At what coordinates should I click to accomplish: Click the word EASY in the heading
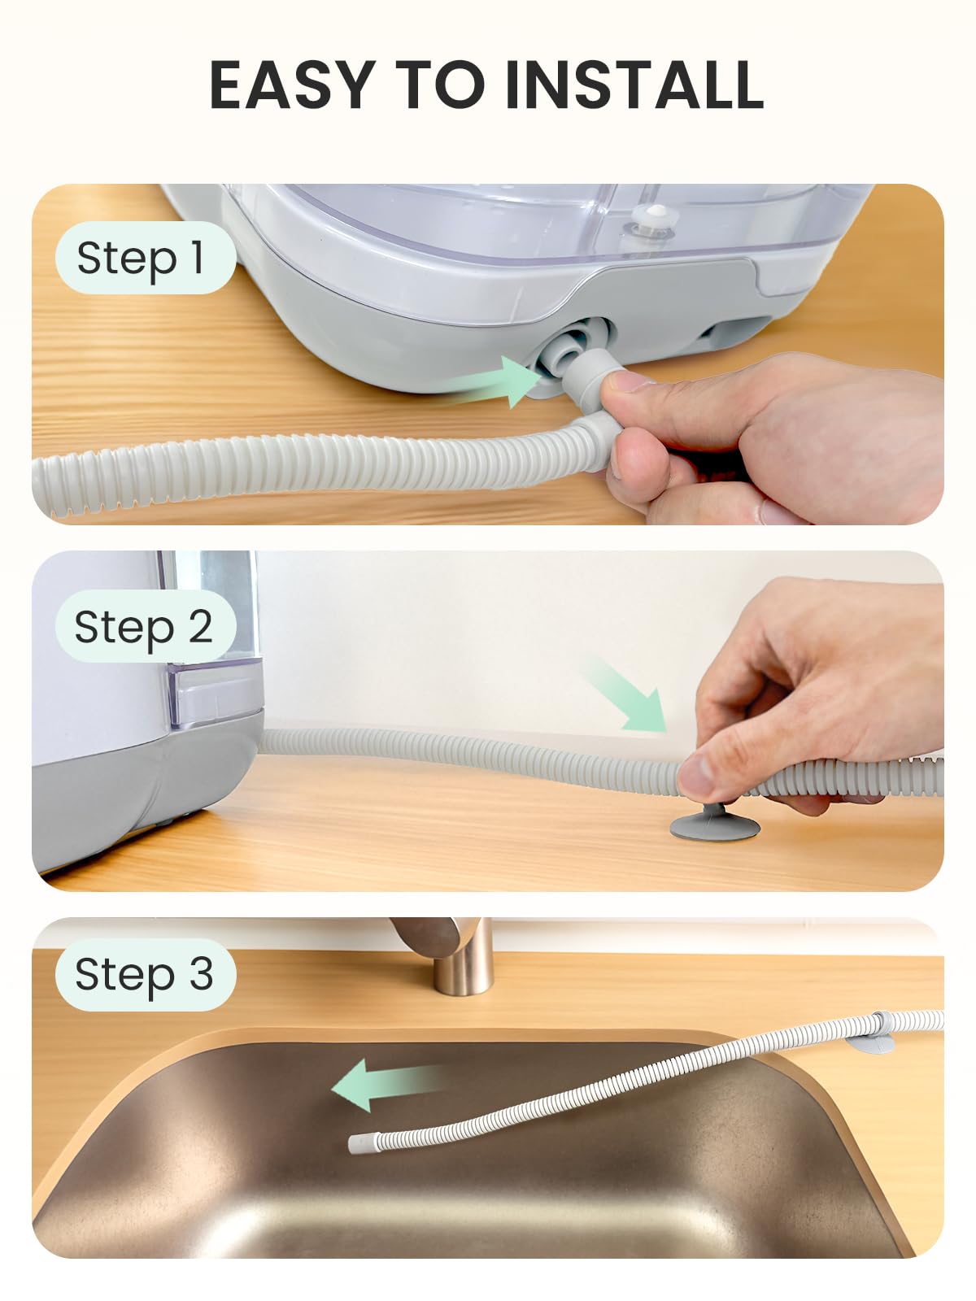291,85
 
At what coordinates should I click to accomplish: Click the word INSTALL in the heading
634,85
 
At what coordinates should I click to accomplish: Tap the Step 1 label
142,259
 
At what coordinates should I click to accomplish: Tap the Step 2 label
144,627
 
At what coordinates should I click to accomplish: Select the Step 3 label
145,973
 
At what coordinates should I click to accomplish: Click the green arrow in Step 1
496,382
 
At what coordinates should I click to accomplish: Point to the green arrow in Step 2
630,695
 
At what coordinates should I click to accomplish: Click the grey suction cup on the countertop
715,826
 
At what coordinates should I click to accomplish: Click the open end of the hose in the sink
359,1144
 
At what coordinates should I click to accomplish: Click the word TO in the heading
439,85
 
